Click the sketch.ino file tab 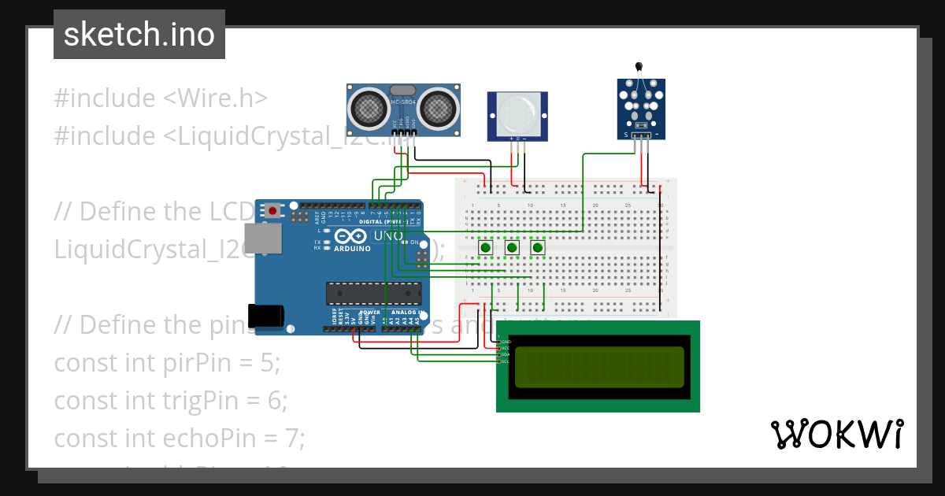coord(139,35)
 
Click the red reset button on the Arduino coord(273,210)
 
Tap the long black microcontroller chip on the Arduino coord(373,293)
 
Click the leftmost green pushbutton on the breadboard coord(486,248)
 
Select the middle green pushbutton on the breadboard coord(512,248)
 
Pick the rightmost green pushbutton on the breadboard coord(538,248)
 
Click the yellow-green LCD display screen coord(599,367)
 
